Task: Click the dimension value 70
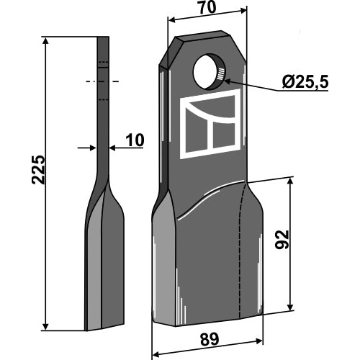[207, 8]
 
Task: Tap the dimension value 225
[38, 170]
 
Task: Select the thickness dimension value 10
[135, 140]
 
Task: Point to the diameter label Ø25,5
[305, 82]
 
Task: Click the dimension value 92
[282, 239]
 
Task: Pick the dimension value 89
[210, 340]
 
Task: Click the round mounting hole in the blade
[210, 72]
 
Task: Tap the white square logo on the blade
[210, 124]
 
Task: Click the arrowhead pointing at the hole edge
[228, 81]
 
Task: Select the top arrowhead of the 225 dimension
[45, 41]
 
